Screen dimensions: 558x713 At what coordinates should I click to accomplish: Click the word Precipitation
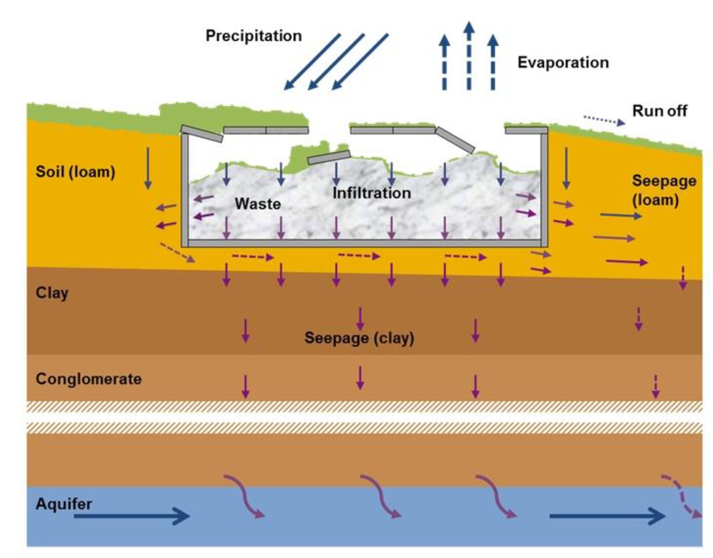pyautogui.click(x=254, y=36)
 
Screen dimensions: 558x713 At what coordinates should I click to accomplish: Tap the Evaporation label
pyautogui.click(x=563, y=63)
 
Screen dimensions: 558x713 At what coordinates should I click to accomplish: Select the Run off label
pyautogui.click(x=659, y=111)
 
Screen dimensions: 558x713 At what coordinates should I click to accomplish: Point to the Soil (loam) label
pyautogui.click(x=76, y=172)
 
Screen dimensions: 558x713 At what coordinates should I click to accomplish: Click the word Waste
pyautogui.click(x=258, y=204)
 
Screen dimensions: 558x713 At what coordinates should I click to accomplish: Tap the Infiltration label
pyautogui.click(x=372, y=193)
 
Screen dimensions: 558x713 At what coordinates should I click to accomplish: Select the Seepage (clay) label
pyautogui.click(x=359, y=338)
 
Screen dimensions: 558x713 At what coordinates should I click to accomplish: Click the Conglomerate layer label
pyautogui.click(x=88, y=379)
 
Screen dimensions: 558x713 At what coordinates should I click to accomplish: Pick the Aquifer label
pyautogui.click(x=64, y=504)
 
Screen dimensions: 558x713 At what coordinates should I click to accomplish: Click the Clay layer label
pyautogui.click(x=52, y=293)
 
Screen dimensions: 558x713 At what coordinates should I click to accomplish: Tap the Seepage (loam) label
pyautogui.click(x=664, y=190)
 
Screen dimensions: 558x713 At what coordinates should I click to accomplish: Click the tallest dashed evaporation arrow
pyautogui.click(x=469, y=56)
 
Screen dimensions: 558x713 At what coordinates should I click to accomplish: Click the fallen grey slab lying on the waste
pyautogui.click(x=329, y=157)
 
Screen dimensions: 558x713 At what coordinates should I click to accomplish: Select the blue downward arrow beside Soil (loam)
pyautogui.click(x=148, y=168)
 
